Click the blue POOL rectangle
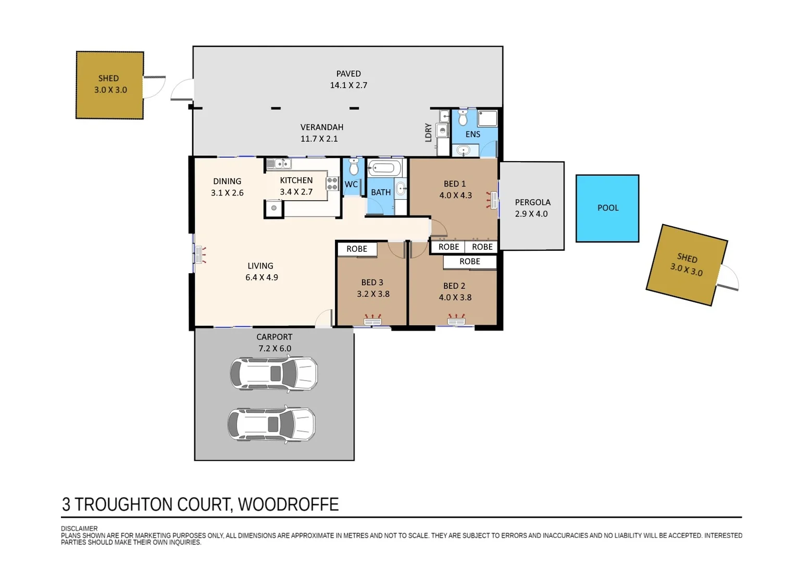tap(607, 209)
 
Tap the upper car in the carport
tap(273, 374)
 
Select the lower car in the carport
tap(271, 424)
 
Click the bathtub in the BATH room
tap(384, 168)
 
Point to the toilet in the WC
tap(354, 167)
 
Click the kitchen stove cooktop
tap(332, 183)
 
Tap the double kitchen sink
tap(278, 164)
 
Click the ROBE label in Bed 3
tap(357, 249)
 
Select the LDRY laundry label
tap(428, 132)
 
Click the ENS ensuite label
tap(473, 134)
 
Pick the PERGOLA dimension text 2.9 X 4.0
tap(531, 214)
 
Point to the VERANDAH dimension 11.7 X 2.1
tap(319, 139)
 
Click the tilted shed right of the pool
tap(686, 265)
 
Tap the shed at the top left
tap(110, 85)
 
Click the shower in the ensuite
tap(488, 118)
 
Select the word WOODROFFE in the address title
tap(288, 505)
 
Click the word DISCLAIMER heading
tap(79, 528)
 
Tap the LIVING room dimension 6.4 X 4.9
tap(261, 277)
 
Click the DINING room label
tap(227, 181)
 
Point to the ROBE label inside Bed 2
tap(470, 262)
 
